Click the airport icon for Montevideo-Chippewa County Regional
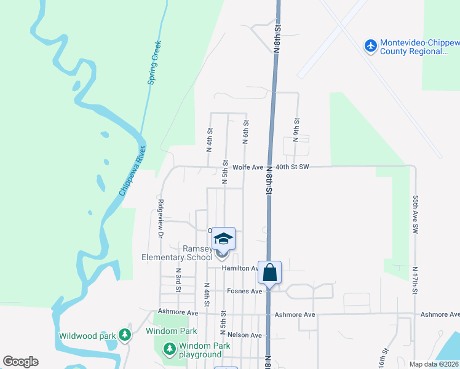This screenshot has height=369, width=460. (x=370, y=46)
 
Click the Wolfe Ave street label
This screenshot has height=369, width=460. (x=248, y=167)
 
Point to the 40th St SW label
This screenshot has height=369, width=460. (x=291, y=167)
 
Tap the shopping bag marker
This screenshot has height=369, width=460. (x=270, y=271)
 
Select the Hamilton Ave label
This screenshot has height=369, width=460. (x=240, y=268)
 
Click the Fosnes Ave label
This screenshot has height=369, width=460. (x=245, y=291)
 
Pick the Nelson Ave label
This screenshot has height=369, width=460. (x=245, y=335)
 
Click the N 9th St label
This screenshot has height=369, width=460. (x=296, y=130)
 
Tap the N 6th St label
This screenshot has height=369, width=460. (x=245, y=132)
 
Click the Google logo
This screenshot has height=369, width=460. (x=20, y=362)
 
